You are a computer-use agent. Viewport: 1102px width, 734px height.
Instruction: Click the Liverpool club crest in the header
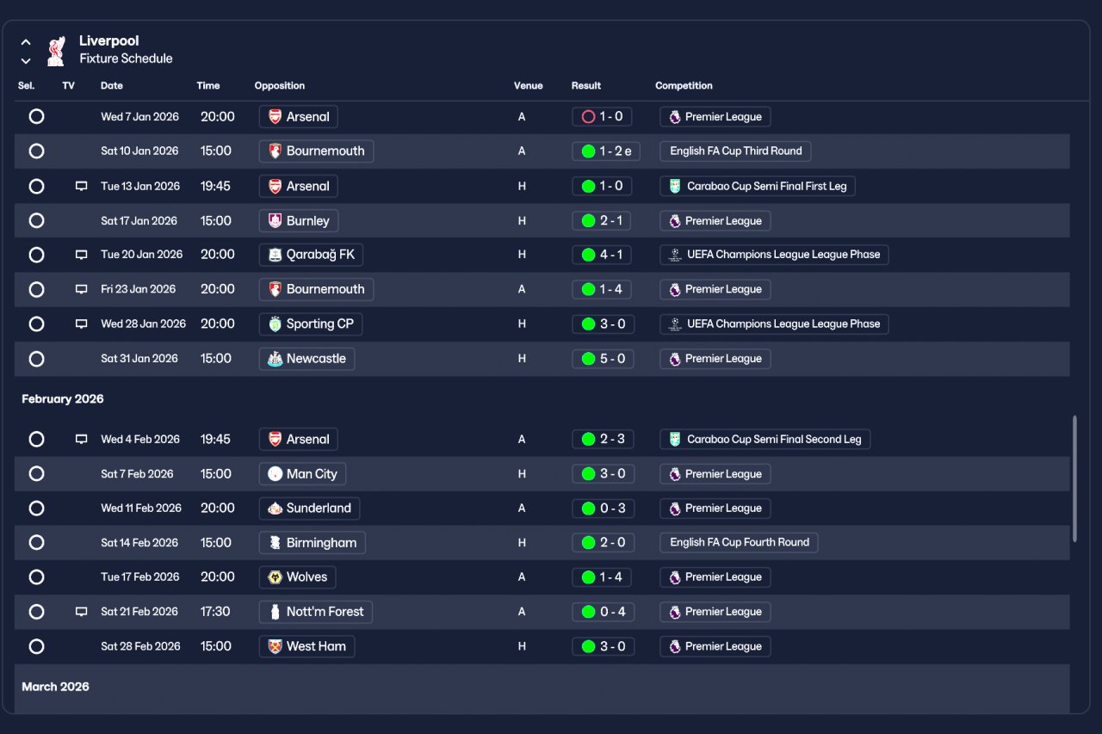56,51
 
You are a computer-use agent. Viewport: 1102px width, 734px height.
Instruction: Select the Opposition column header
280,86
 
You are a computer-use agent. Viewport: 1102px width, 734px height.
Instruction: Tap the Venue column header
528,86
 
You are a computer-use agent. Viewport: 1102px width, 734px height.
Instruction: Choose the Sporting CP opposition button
311,324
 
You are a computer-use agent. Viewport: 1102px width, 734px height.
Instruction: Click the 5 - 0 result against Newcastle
603,359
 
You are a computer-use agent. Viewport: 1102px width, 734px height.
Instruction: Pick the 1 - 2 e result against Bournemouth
606,151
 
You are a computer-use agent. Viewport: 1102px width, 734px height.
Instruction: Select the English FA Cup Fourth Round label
739,543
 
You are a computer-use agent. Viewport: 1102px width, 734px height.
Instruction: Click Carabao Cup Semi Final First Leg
758,187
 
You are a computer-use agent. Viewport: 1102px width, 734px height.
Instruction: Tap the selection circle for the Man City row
36,474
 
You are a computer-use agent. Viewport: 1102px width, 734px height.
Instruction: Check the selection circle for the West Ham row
36,646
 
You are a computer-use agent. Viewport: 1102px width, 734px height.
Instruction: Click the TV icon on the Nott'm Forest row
82,612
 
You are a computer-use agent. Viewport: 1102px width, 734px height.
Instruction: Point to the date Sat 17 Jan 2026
139,221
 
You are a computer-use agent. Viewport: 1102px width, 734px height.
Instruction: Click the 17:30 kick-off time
215,612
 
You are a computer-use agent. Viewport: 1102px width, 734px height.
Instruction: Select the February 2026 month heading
63,399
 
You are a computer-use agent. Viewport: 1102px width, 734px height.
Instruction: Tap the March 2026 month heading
55,687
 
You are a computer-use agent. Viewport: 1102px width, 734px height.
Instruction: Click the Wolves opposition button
298,577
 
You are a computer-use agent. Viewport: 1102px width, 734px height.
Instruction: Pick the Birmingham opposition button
313,543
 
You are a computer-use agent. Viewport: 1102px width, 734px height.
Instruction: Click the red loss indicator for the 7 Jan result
588,117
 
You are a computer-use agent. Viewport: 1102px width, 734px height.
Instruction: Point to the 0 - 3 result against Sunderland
603,509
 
